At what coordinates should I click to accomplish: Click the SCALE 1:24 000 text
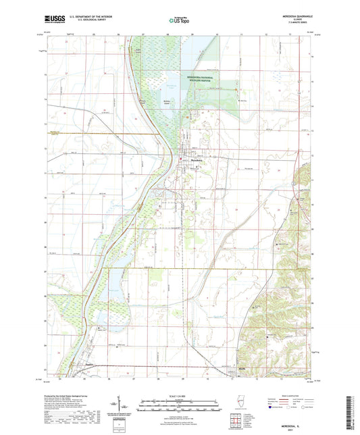(x=179, y=394)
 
